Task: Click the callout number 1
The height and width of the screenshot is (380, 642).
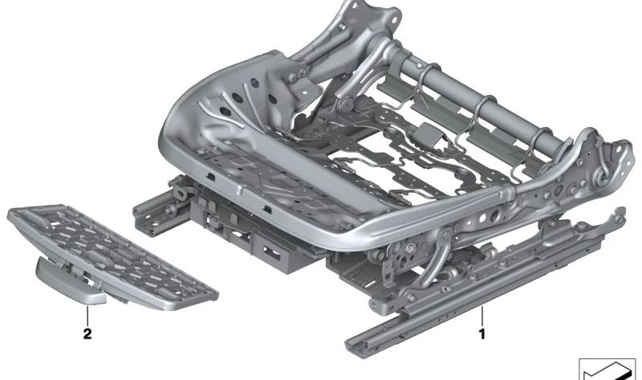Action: (482, 334)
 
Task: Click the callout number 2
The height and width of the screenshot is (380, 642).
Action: (87, 334)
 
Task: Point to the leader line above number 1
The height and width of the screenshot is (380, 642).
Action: (482, 317)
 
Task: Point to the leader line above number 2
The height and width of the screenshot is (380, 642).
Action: (87, 316)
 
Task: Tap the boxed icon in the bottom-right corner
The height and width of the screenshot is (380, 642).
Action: (607, 369)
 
